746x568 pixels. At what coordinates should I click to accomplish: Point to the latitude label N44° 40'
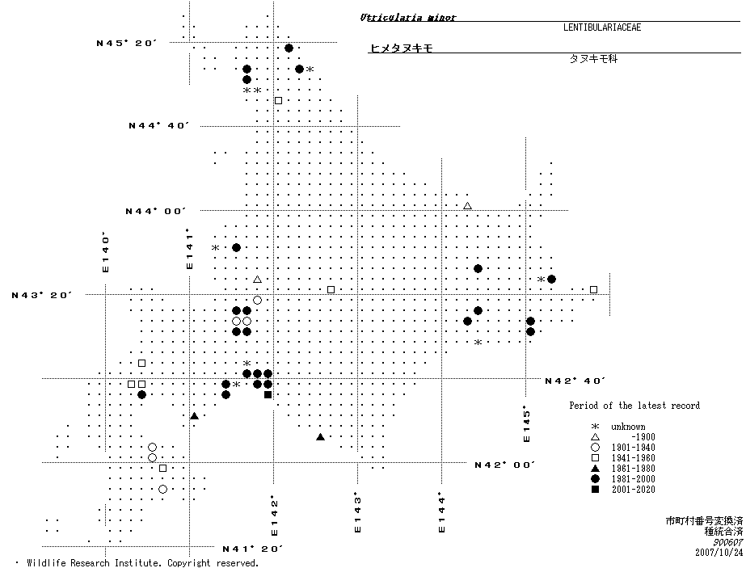tap(158, 126)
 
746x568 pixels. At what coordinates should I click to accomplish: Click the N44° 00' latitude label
tap(155, 211)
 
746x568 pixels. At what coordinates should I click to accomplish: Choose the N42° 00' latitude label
tap(506, 465)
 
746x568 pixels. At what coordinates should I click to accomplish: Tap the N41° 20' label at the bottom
tap(252, 549)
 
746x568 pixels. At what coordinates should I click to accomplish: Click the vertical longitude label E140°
tap(105, 253)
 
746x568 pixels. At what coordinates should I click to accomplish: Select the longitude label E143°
tap(356, 513)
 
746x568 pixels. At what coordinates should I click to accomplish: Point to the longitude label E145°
tap(526, 423)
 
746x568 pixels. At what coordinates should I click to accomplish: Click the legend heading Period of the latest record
tap(634, 406)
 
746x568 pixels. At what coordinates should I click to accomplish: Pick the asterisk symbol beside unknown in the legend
tap(595, 427)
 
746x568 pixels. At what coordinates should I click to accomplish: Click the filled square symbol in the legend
tap(595, 490)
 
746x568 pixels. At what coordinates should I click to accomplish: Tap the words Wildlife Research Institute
tap(93, 563)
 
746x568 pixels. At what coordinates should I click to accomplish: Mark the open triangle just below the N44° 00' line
tap(467, 205)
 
